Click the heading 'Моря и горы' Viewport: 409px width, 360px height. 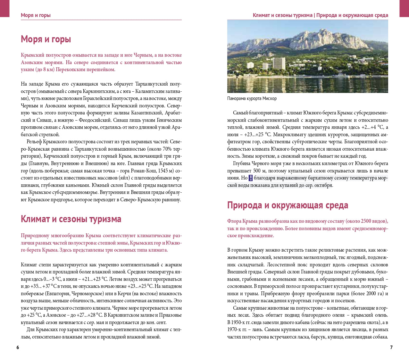tap(46, 39)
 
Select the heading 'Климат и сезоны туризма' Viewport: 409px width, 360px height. tap(71, 219)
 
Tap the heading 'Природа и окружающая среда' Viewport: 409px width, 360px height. tap(288, 205)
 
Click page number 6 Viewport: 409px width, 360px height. tap(18, 347)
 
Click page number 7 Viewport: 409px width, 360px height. tap(391, 347)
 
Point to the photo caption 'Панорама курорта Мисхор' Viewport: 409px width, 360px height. tap(252, 98)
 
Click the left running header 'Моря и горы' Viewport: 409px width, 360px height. tap(36, 15)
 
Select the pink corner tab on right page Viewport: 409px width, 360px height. tap(404, 8)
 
